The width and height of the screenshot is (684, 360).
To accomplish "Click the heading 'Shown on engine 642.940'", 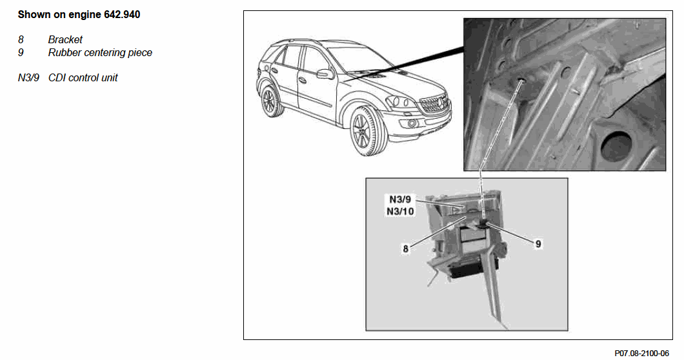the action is click(79, 14).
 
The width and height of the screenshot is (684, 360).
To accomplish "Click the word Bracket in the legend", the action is click(65, 40).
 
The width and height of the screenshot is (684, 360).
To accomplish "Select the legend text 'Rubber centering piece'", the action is click(100, 53).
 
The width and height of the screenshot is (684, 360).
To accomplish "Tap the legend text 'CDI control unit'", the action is click(83, 77).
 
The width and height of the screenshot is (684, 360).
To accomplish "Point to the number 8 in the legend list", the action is click(21, 40).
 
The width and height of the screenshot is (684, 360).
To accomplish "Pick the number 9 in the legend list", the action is click(21, 53).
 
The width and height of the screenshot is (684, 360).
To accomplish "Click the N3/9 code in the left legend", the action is click(28, 77).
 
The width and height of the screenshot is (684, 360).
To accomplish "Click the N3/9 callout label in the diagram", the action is click(400, 199).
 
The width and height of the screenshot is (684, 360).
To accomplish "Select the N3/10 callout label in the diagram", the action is click(400, 211).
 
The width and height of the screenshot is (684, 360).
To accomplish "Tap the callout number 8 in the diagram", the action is click(406, 249).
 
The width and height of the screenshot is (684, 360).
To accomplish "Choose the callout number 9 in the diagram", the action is click(538, 244).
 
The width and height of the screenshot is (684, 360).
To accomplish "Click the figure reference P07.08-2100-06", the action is click(641, 353).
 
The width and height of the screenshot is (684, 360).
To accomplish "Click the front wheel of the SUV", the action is click(366, 132).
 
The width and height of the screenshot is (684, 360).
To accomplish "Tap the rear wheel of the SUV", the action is click(270, 101).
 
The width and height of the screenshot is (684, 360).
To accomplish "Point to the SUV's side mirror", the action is click(325, 74).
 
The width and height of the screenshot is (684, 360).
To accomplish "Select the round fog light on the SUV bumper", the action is click(412, 124).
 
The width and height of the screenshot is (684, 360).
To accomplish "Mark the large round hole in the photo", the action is click(616, 146).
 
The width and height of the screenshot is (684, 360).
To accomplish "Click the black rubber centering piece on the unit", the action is click(484, 225).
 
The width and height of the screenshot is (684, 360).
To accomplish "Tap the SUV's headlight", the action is click(399, 102).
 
